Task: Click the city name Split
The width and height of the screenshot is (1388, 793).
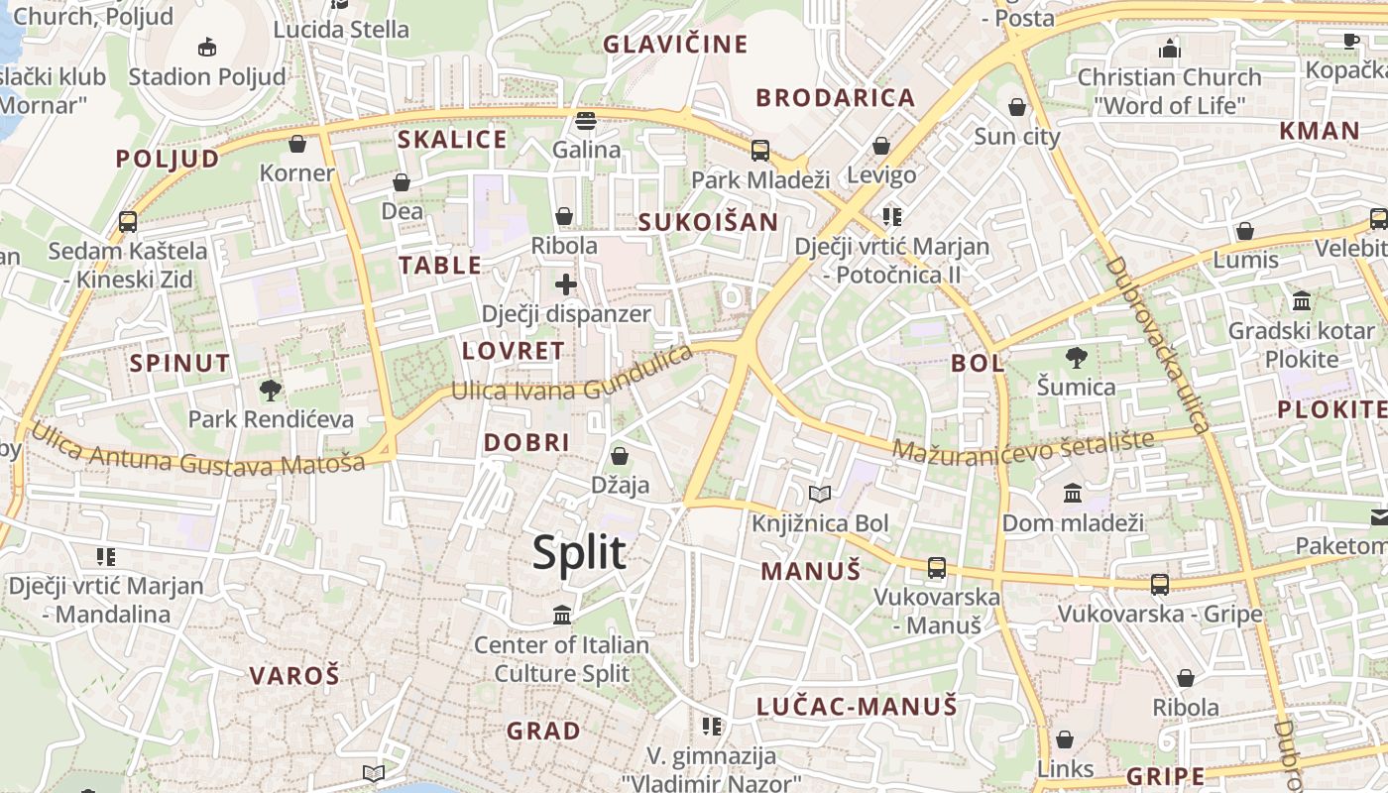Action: point(579,552)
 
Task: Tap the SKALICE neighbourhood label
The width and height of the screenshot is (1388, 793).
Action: point(452,139)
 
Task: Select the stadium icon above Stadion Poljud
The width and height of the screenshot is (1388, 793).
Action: point(206,47)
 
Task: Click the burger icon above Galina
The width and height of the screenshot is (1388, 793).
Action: point(586,121)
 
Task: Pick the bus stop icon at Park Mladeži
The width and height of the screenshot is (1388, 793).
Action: point(760,151)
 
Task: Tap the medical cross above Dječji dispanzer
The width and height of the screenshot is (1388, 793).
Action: point(566,285)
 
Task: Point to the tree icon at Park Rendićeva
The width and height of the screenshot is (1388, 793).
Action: point(270,391)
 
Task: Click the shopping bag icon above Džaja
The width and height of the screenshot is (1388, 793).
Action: point(620,456)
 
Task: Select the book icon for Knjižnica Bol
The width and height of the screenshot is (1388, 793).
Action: point(820,494)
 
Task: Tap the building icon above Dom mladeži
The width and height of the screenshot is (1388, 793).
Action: point(1072,494)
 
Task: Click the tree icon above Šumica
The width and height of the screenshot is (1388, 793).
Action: point(1076,358)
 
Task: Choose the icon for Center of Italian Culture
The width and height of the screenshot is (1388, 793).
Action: point(562,616)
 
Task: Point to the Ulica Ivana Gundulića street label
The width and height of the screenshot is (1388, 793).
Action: point(572,376)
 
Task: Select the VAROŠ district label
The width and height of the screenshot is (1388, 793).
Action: point(294,676)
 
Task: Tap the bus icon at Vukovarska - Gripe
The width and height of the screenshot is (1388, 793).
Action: point(1159,585)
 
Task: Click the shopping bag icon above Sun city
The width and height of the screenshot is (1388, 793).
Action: point(1016,107)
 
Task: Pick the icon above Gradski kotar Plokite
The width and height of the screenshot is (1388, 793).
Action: point(1302,300)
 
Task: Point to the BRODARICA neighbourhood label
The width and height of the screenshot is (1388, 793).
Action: point(835,97)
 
